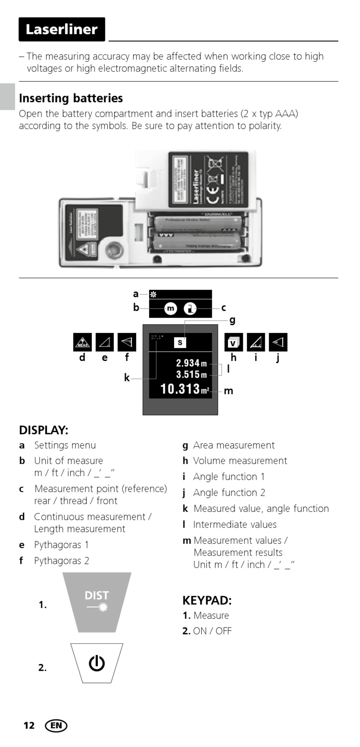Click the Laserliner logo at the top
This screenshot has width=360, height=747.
[x=62, y=29]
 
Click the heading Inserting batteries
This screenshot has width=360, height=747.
[x=71, y=98]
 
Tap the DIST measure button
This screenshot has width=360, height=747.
[x=97, y=601]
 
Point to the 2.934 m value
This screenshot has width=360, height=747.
[x=191, y=363]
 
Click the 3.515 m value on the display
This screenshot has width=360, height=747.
[x=191, y=375]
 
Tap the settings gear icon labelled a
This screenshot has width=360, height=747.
[x=153, y=294]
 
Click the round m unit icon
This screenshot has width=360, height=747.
[x=171, y=309]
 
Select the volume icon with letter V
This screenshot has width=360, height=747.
[x=233, y=342]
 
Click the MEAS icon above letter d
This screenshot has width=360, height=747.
[x=82, y=342]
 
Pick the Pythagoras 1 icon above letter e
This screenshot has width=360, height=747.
[x=105, y=342]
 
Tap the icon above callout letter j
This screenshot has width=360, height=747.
[x=278, y=342]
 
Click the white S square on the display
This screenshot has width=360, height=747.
[x=180, y=342]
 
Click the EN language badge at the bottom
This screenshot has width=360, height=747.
[x=56, y=726]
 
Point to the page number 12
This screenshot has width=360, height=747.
[x=29, y=726]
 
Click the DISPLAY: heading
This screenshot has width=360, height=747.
[x=44, y=430]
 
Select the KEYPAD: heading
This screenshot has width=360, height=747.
[x=207, y=601]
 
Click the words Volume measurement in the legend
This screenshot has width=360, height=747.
[x=240, y=461]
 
